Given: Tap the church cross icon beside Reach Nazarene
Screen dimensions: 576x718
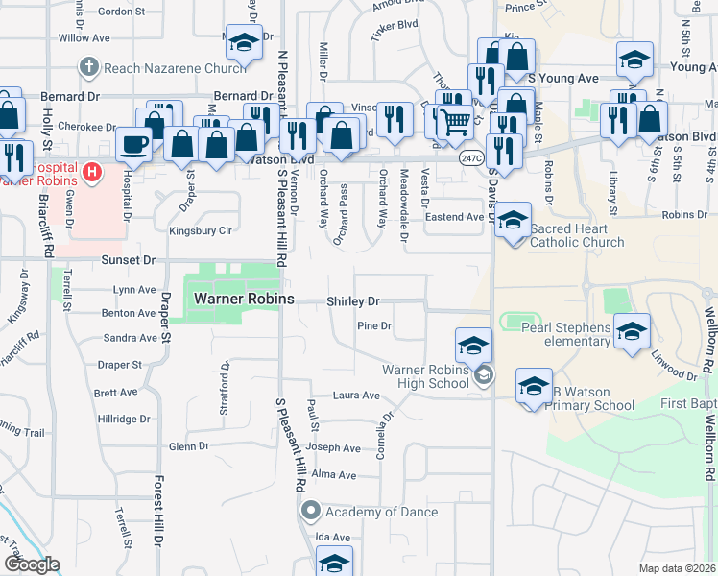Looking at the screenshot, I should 89,67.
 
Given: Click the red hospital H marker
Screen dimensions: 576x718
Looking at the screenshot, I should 91,173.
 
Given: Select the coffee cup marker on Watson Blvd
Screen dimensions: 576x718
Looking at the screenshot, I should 133,144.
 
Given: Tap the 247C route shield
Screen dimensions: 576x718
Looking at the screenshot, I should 470,158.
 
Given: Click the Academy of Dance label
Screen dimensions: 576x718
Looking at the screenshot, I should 381,512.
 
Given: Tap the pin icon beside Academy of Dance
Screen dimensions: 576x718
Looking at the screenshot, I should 310,511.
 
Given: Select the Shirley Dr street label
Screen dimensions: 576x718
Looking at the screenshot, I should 353,301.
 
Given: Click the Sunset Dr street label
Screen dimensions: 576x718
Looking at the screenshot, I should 128,260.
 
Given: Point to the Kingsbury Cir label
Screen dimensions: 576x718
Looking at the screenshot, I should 200,231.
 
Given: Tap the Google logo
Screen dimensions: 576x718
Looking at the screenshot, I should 31,565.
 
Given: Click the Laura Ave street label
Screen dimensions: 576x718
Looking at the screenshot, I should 356,396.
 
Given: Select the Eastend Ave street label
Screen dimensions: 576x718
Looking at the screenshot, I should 454,217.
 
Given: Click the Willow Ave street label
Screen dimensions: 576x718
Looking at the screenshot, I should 84,38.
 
